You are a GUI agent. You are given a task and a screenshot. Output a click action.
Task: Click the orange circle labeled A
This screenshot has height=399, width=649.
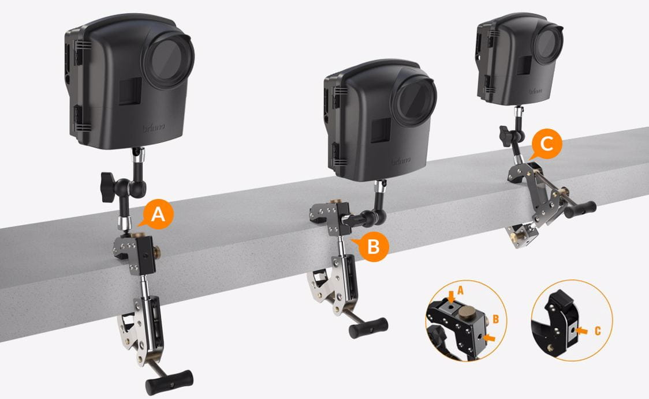tap(156, 215)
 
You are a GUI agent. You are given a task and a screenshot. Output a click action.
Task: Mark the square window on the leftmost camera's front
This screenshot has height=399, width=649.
tap(130, 92)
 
